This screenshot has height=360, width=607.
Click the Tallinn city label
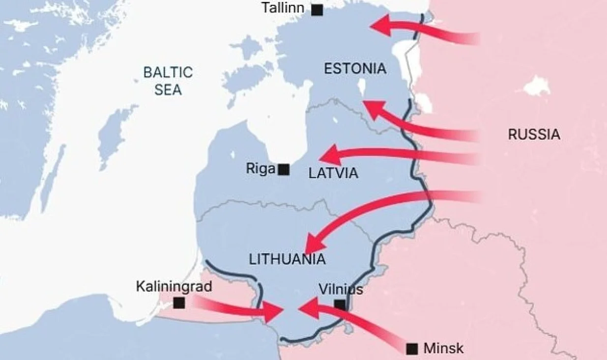(283, 8)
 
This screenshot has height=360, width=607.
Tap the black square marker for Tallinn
(318, 9)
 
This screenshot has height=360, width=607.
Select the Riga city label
(260, 169)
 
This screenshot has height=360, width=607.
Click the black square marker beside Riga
(283, 170)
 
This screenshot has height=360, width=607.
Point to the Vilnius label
(341, 289)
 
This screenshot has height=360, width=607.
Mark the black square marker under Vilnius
(340, 305)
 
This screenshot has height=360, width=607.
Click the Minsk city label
(443, 348)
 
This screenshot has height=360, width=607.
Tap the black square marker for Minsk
(412, 349)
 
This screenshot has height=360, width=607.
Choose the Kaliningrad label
(174, 286)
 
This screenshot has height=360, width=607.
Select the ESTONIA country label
(355, 69)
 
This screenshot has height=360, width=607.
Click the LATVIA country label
(333, 173)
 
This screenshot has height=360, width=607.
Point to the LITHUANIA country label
(287, 259)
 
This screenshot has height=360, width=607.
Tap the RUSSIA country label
(534, 134)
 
